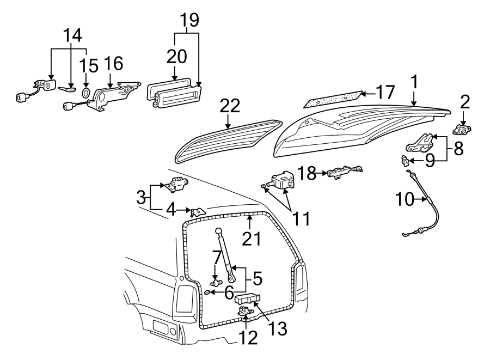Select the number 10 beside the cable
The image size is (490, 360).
pyautogui.click(x=405, y=200)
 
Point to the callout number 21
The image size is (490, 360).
pyautogui.click(x=252, y=237)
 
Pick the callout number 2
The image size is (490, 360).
pyautogui.click(x=464, y=102)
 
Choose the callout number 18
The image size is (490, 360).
pyautogui.click(x=307, y=173)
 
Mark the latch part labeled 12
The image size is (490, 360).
pyautogui.click(x=243, y=312)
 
